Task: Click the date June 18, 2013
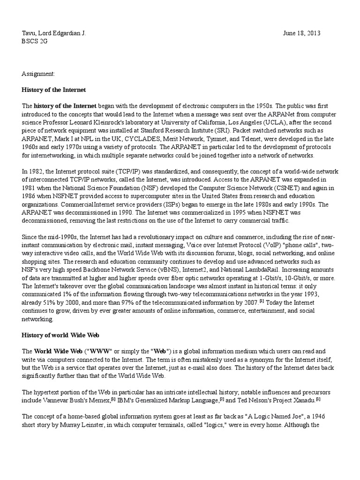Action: point(302,33)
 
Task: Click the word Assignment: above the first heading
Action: point(38,74)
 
